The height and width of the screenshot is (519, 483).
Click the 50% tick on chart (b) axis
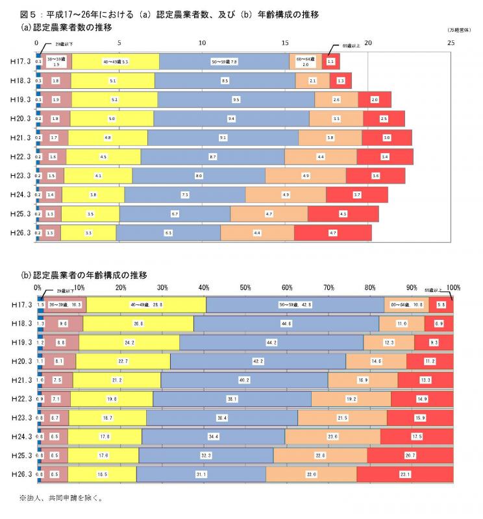(x=245, y=287)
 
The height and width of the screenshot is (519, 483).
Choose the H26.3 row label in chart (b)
(x=21, y=474)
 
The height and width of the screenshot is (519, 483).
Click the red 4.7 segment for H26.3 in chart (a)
(x=333, y=232)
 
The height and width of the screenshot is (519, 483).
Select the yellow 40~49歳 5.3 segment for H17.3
(x=116, y=62)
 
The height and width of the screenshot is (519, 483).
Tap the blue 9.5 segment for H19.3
(x=236, y=100)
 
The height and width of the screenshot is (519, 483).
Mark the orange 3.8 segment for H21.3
(x=330, y=138)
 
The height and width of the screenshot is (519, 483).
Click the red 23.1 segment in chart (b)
(x=404, y=474)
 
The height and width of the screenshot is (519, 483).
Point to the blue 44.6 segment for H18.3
(x=286, y=323)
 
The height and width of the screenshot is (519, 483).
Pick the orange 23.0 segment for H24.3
(x=332, y=436)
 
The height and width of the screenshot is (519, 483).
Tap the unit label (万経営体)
(x=459, y=31)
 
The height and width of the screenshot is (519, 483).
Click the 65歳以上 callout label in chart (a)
(x=355, y=46)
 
